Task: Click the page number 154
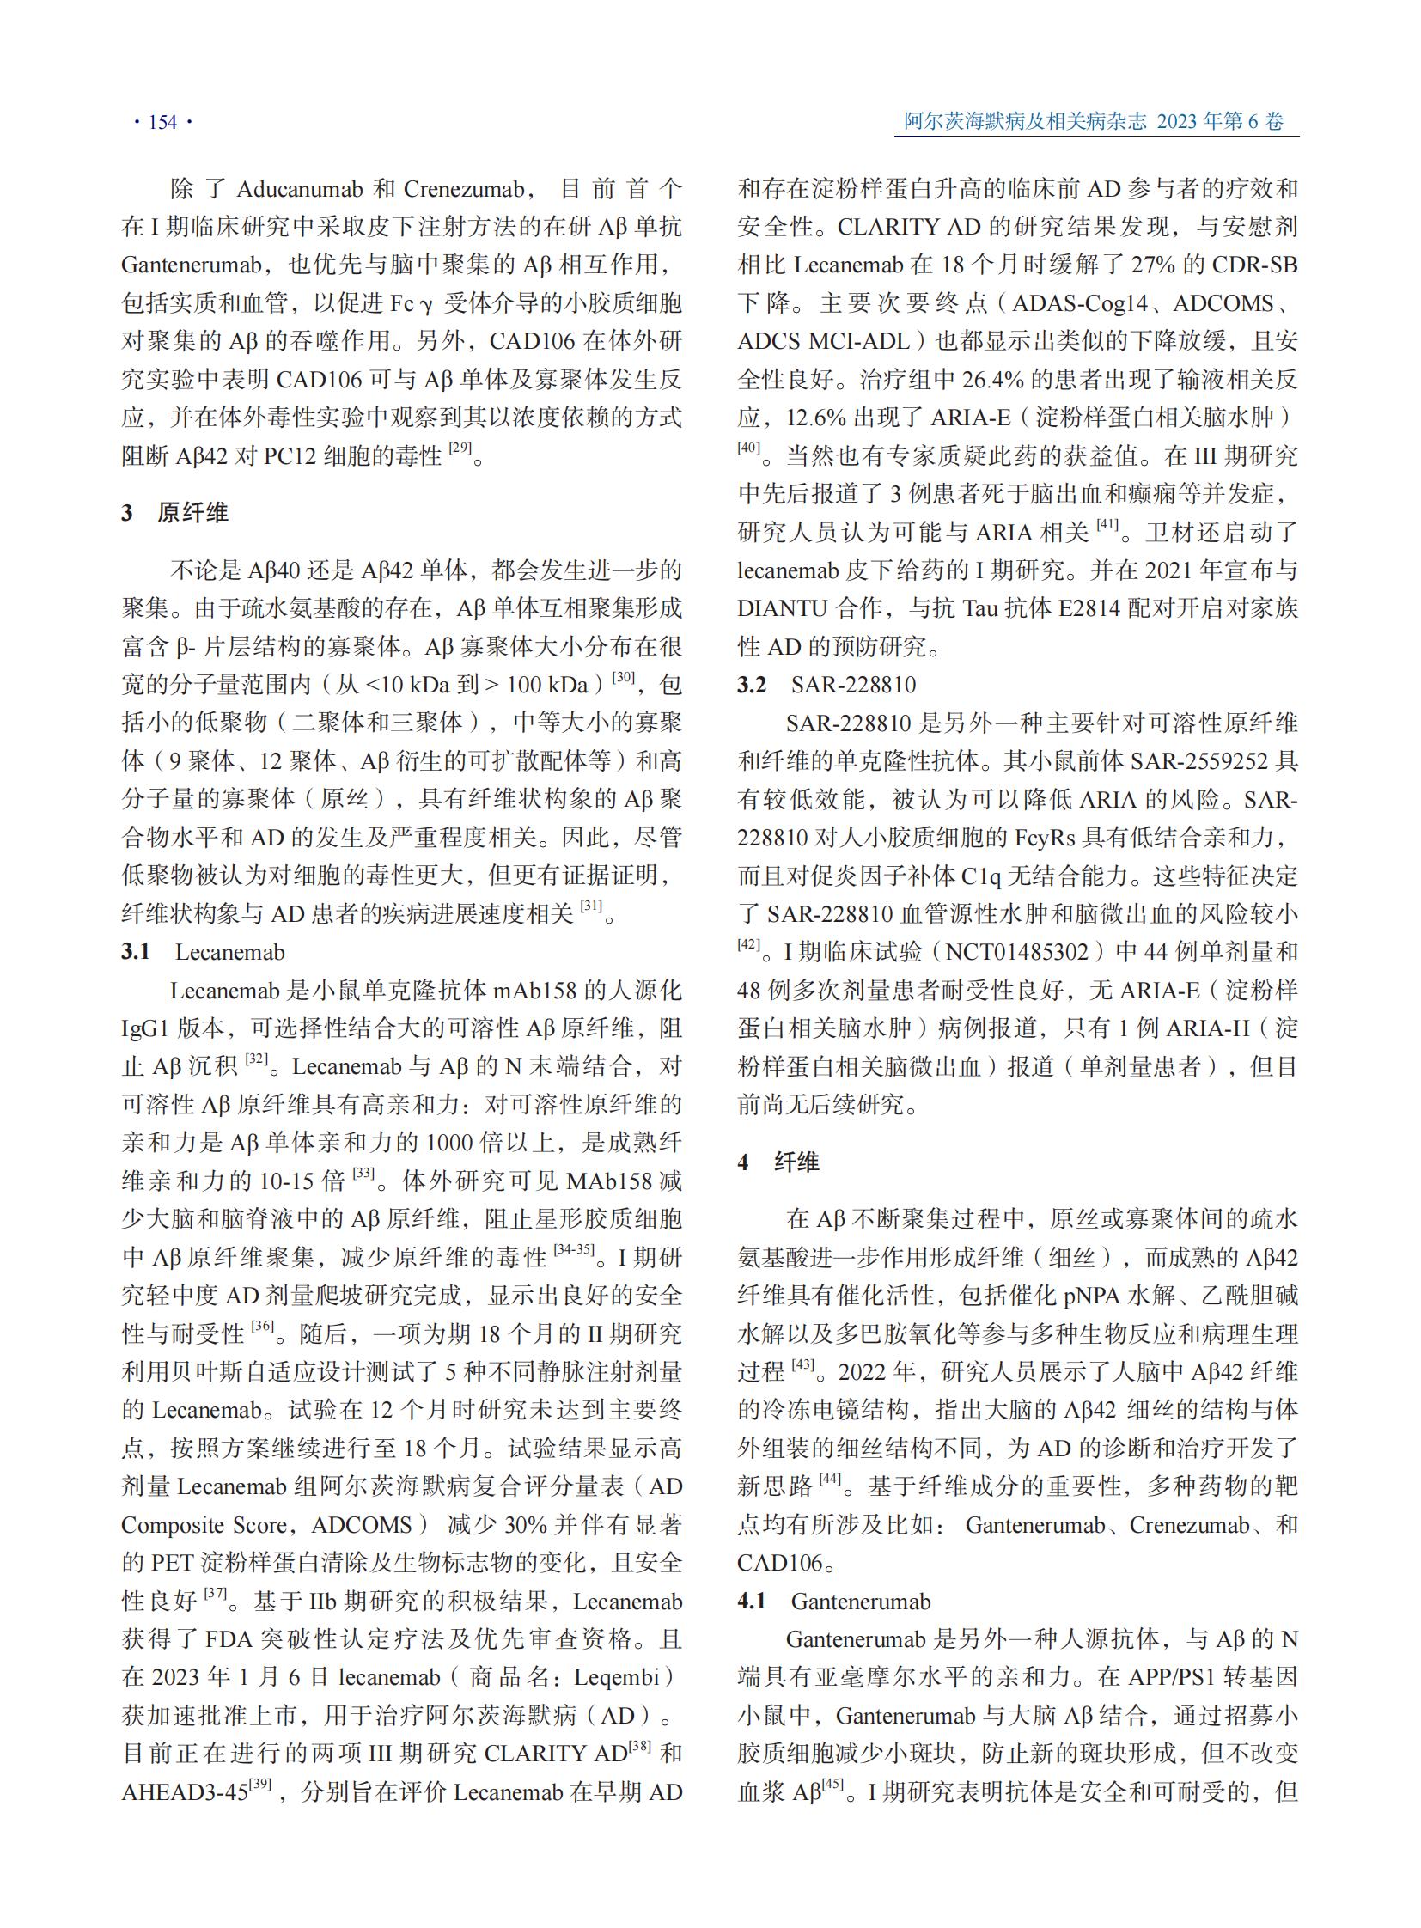point(162,122)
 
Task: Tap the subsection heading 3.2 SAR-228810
point(826,685)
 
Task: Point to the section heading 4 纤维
point(778,1162)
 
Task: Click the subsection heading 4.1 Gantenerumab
point(833,1601)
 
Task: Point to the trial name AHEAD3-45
point(185,1792)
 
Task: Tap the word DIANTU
point(781,608)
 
